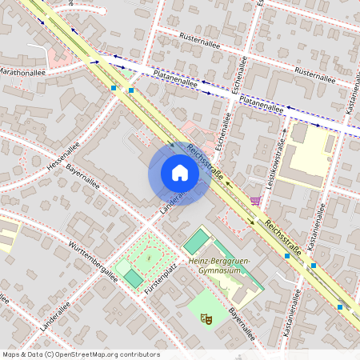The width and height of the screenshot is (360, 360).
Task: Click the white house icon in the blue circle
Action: (180, 173)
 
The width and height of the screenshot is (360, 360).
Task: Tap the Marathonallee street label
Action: (22, 71)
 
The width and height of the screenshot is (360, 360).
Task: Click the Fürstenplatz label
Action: (162, 287)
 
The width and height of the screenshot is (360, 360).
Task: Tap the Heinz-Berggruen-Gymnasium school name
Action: (214, 266)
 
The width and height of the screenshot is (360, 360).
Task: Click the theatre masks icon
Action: (206, 318)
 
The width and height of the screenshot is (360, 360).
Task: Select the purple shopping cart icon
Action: (255, 202)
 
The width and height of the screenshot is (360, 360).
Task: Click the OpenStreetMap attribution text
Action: (81, 354)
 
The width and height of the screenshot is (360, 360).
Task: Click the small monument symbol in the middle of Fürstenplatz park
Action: (149, 258)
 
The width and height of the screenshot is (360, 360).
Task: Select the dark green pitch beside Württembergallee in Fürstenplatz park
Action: (134, 278)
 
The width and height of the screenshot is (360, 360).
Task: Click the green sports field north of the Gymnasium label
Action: (194, 241)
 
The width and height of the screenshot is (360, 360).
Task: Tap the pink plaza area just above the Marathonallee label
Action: (58, 57)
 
